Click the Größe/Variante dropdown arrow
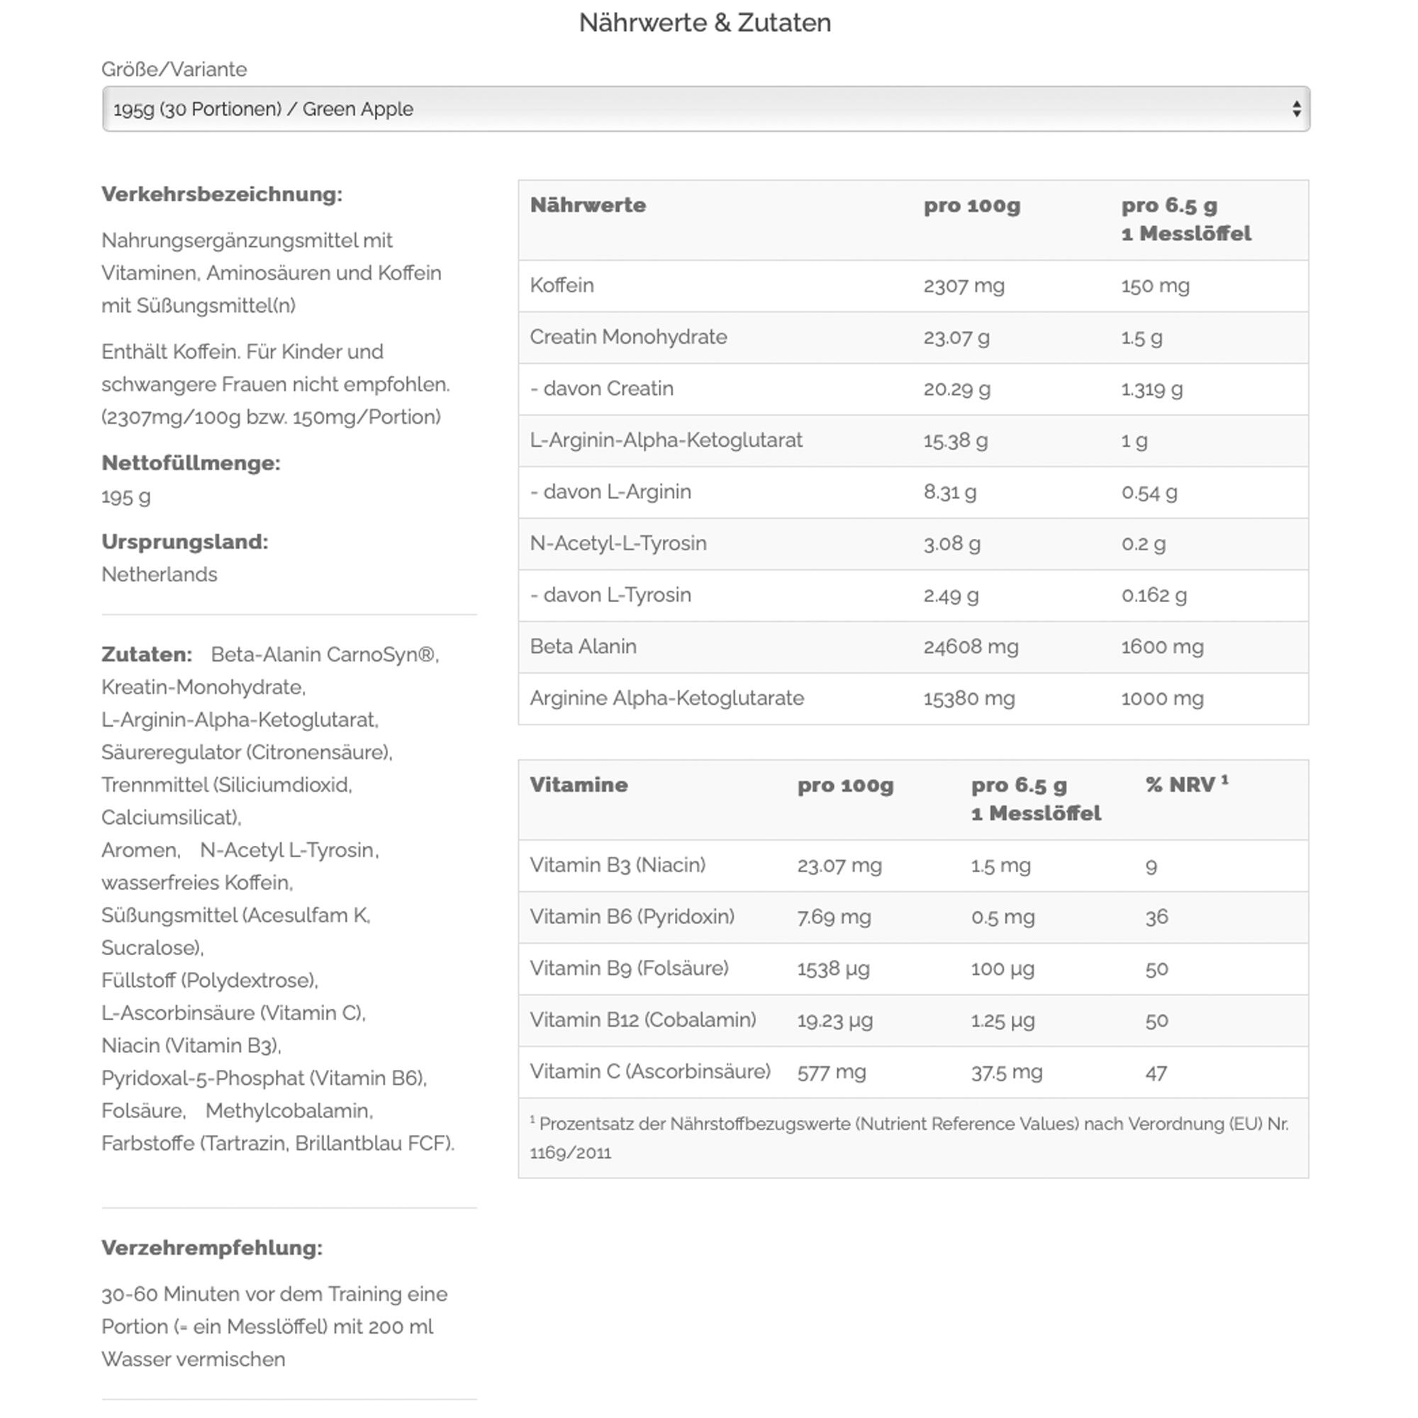(1296, 109)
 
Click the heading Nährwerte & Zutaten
(705, 23)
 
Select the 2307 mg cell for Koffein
(964, 286)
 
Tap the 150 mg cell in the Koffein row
(1155, 286)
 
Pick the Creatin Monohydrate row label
(628, 337)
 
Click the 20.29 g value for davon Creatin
(956, 389)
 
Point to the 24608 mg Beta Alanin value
(971, 647)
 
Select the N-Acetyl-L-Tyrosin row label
(618, 543)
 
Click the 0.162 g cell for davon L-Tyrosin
(1154, 596)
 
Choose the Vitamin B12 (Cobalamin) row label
(642, 1020)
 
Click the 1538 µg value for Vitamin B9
(833, 968)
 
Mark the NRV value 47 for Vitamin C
(1156, 1073)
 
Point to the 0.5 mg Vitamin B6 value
(1003, 917)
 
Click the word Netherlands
(160, 575)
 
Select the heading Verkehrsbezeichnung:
(222, 194)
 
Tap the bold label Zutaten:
(147, 654)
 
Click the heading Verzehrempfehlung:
(212, 1248)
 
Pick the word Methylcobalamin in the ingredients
(289, 1111)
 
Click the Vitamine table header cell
(579, 785)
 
